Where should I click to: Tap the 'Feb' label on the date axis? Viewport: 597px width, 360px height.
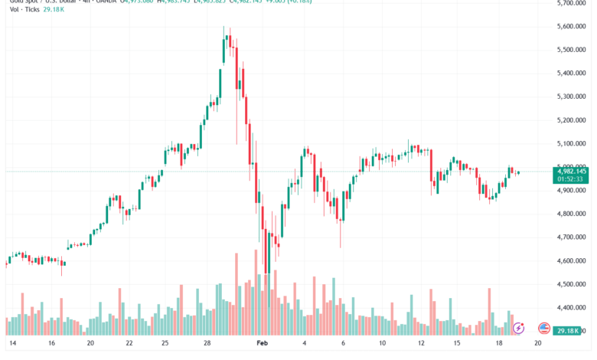(263, 344)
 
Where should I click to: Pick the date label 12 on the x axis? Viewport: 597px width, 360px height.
(421, 344)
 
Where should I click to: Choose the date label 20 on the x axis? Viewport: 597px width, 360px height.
(90, 344)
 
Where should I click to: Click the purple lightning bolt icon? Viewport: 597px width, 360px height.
(518, 328)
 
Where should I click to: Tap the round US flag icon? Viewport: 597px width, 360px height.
(545, 328)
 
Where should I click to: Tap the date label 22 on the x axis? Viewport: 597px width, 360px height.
(129, 344)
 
